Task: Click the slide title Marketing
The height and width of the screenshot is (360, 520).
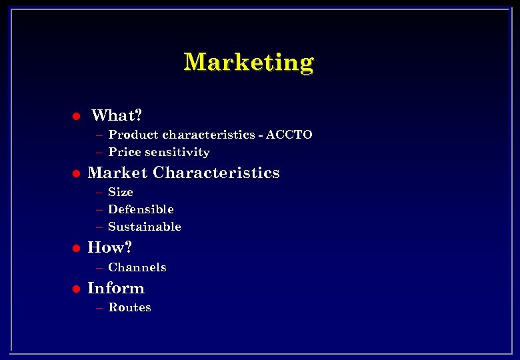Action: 249,62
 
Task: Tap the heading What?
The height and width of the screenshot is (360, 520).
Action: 117,115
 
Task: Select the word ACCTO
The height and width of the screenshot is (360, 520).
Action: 289,135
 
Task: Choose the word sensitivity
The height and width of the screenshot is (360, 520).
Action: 177,153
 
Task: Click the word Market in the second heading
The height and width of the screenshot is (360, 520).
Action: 117,173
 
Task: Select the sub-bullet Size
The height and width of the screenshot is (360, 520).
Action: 121,192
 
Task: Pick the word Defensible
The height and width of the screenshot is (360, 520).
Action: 141,209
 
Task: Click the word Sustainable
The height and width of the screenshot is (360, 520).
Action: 145,227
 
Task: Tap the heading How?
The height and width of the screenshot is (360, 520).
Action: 110,247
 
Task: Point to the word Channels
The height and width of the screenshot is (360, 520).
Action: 137,267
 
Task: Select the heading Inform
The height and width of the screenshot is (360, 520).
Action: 116,288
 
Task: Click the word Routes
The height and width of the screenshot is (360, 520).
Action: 129,307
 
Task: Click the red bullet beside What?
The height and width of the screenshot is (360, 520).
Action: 76,116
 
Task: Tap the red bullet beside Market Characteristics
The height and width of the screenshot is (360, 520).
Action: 76,174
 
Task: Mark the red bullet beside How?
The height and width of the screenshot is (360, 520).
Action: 76,249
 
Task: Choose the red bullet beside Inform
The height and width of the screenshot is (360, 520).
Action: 76,289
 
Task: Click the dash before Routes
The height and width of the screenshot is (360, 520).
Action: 99,308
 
